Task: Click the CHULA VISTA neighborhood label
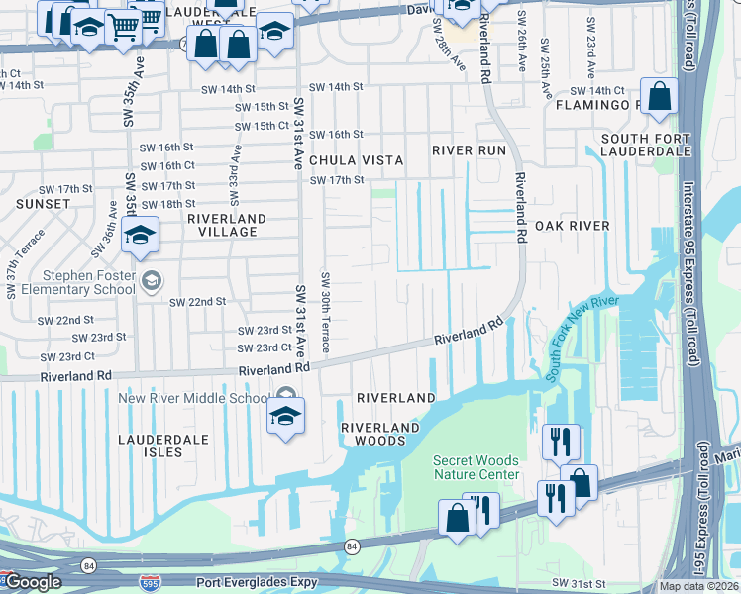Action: point(356,160)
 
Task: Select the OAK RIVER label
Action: point(572,226)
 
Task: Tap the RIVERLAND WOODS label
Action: point(380,434)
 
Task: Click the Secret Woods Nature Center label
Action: point(476,468)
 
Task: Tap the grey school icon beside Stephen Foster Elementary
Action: point(151,280)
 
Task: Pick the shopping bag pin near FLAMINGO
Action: point(658,96)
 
